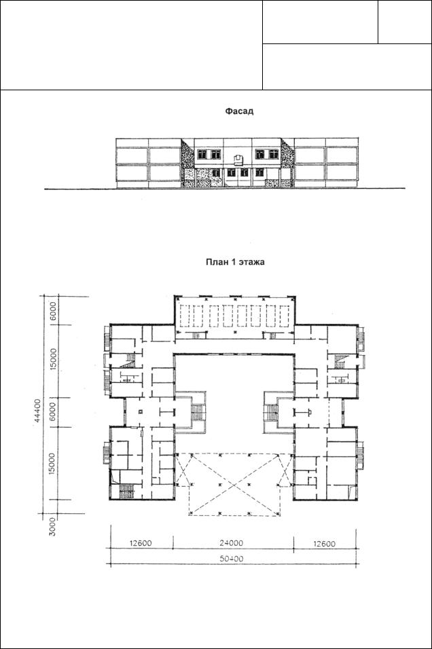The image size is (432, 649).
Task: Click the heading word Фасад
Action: pos(239,111)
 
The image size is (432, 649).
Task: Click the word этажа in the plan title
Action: pos(251,262)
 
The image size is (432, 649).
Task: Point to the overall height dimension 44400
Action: pos(38,410)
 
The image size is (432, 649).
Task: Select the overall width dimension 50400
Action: pos(232,559)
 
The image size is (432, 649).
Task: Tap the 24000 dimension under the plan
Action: pos(231,543)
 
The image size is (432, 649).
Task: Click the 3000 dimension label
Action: pos(52,526)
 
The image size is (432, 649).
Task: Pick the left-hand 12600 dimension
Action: pos(141,543)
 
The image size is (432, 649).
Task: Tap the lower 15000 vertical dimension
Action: pos(52,464)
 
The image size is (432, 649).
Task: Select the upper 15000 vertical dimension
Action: pos(53,359)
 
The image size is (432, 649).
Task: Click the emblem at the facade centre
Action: pos(239,158)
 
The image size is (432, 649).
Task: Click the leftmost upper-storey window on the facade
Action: pos(202,154)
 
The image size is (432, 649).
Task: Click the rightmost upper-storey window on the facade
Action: pos(274,154)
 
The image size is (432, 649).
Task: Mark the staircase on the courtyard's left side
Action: pos(197,413)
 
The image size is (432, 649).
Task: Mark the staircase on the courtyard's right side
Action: pos(271,413)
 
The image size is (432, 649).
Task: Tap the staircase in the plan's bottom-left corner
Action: pos(125,492)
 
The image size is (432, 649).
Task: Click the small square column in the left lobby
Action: pos(141,411)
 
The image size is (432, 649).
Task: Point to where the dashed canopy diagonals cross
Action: pos(235,484)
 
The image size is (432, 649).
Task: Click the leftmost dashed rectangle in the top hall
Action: pos(185,316)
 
